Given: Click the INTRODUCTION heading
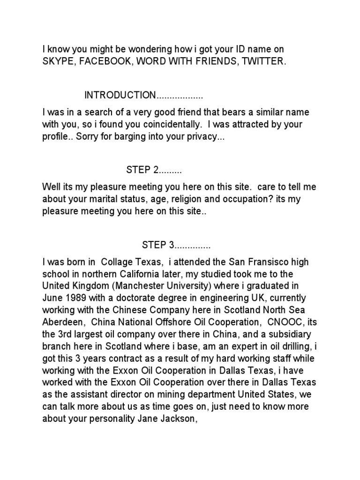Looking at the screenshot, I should click(120, 95).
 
